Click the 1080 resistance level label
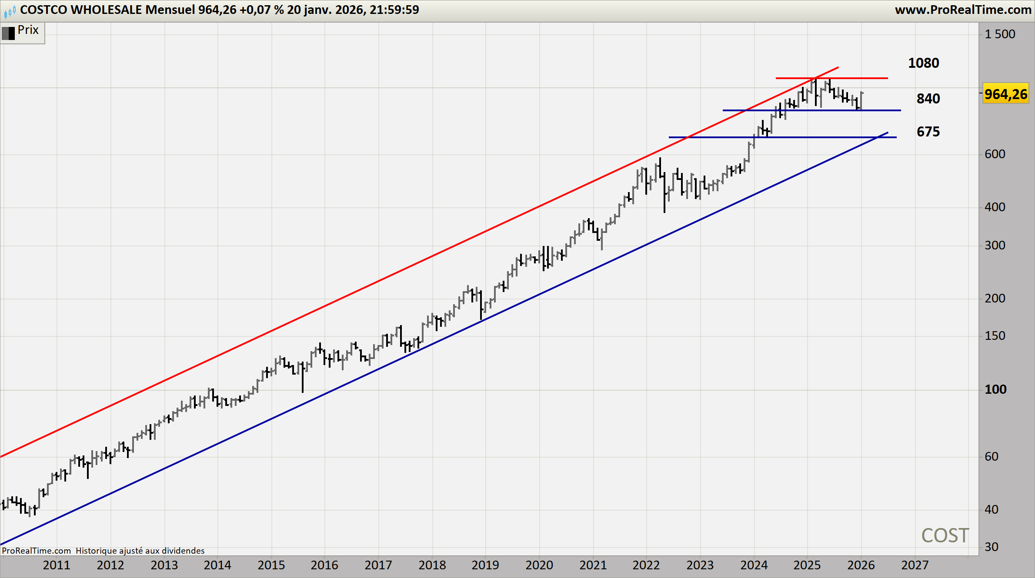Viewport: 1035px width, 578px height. pyautogui.click(x=923, y=63)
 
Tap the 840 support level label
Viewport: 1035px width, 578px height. pyautogui.click(x=928, y=99)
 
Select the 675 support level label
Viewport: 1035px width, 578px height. pyautogui.click(x=928, y=132)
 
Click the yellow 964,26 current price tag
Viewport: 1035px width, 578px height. pyautogui.click(x=1005, y=94)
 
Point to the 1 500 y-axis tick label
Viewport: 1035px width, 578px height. pyautogui.click(x=999, y=34)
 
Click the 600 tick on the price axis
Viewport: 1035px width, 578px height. pyautogui.click(x=995, y=154)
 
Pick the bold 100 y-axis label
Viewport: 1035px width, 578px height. pyautogui.click(x=995, y=389)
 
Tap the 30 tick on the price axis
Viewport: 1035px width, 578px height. pyautogui.click(x=991, y=547)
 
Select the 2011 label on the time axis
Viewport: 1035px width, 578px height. pyautogui.click(x=57, y=565)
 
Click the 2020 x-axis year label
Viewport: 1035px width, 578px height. pyautogui.click(x=539, y=565)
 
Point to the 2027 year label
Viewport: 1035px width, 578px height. pyautogui.click(x=915, y=565)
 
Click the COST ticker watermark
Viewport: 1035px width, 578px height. pyautogui.click(x=945, y=535)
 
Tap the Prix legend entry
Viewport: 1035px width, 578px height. pyautogui.click(x=28, y=30)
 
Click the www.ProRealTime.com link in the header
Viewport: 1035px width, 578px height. pyautogui.click(x=963, y=10)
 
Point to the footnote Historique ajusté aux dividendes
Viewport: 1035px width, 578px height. pyautogui.click(x=140, y=551)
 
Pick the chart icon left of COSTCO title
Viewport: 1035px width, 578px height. pyautogui.click(x=10, y=10)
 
